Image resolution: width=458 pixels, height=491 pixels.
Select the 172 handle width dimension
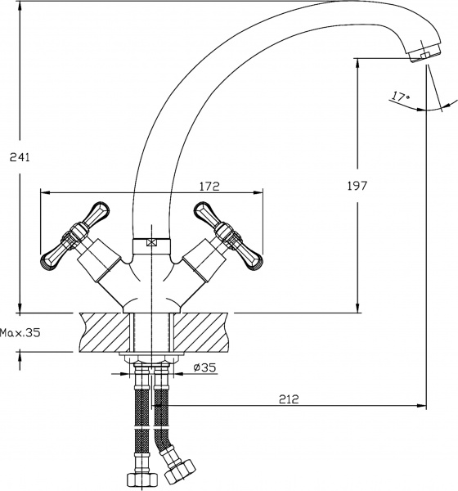[x=209, y=187]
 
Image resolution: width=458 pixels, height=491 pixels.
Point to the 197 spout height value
[x=357, y=187]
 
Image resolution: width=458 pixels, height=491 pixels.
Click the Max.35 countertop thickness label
[x=20, y=333]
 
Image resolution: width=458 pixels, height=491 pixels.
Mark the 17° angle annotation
[x=399, y=97]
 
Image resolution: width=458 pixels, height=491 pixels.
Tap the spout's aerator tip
[x=420, y=54]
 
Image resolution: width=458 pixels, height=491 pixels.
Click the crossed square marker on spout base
[x=150, y=242]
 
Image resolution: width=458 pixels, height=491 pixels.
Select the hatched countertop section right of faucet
[x=200, y=331]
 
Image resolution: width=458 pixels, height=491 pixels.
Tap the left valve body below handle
[x=103, y=269]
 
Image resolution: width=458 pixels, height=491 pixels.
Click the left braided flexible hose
[x=141, y=417]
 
